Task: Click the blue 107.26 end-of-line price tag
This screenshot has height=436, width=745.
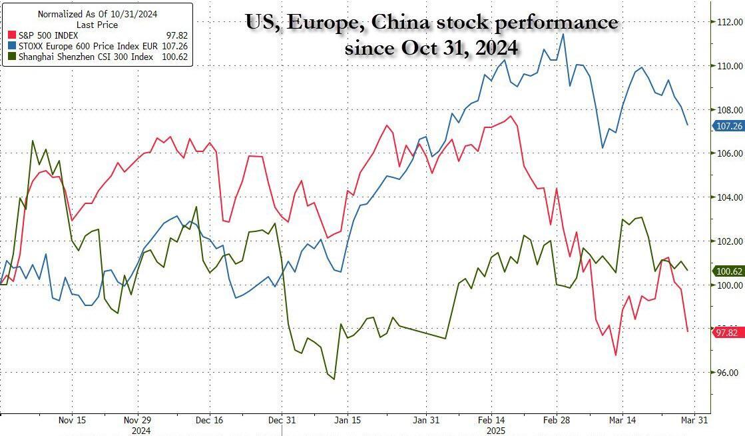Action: (x=728, y=125)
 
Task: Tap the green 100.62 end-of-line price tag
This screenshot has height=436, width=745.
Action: (x=728, y=271)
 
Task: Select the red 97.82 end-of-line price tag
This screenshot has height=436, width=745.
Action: (x=728, y=332)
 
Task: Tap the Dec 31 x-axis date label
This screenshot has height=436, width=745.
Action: (x=282, y=421)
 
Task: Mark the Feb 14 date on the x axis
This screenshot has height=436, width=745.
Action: (x=491, y=421)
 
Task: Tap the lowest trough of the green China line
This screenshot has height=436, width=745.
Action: (x=334, y=379)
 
